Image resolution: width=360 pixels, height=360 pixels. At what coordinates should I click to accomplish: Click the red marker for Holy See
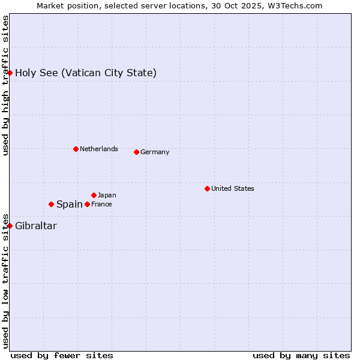point(10,73)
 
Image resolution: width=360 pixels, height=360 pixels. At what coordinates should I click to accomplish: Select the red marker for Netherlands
point(76,149)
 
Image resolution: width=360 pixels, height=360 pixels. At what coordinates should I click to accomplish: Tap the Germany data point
point(136,152)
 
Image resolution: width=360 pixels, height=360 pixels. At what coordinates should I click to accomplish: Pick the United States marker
point(207,188)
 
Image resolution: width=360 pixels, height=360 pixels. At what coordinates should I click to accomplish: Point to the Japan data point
point(94,195)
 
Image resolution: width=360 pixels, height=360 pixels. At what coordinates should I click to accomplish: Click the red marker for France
point(87,204)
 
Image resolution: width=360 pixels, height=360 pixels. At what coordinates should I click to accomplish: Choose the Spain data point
point(51,204)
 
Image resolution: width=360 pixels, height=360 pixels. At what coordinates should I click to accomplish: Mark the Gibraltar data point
point(10,226)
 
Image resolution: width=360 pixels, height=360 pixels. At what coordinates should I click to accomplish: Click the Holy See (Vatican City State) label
point(86,73)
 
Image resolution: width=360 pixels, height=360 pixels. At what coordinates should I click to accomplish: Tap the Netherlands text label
point(99,149)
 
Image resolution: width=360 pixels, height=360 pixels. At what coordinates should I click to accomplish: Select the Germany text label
point(155,152)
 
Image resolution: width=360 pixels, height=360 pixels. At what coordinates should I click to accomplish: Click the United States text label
point(233,188)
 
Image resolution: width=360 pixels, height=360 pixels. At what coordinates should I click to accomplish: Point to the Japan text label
point(107,195)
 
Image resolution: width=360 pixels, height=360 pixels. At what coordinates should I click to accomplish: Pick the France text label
point(101,204)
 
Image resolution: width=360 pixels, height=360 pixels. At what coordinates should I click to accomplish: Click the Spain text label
point(70,204)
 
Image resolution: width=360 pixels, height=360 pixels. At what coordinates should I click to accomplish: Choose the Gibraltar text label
point(36,226)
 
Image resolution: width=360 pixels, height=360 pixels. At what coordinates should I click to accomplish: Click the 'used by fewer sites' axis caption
point(62,355)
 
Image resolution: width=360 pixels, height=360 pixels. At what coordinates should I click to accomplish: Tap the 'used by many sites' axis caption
point(301,355)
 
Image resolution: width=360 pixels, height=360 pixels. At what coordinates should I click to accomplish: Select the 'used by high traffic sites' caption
point(5,85)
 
